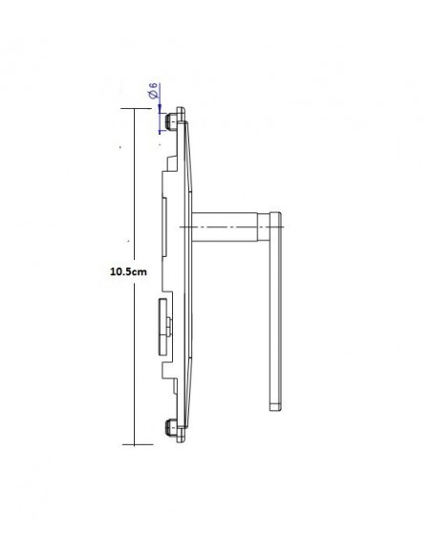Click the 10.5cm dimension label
coord(128,272)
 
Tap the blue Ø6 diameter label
coord(153,91)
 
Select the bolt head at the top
coord(171,121)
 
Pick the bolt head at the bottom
coord(171,427)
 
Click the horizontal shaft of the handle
coord(225,226)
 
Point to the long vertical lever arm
coord(275,311)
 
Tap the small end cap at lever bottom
coord(275,407)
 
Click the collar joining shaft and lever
coord(264,226)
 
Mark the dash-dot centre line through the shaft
coord(231,226)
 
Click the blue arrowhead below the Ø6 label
coord(160,109)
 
